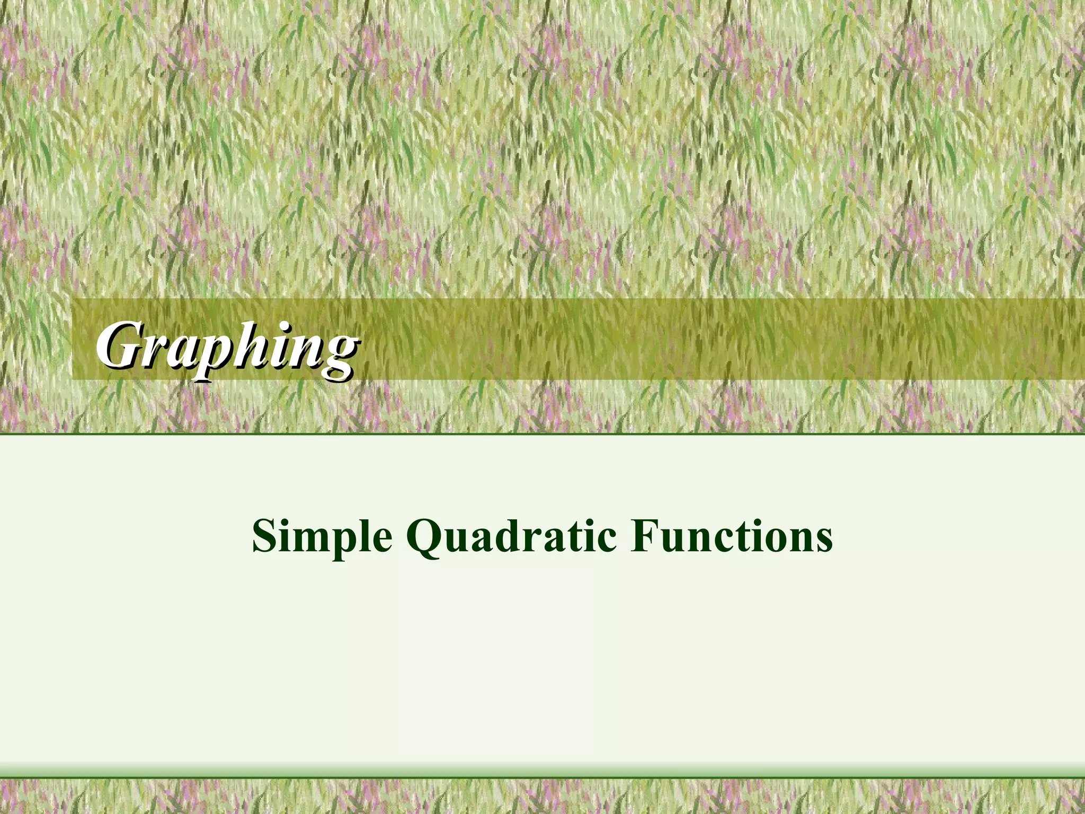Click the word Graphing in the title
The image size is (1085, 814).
227,348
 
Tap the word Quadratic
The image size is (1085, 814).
511,536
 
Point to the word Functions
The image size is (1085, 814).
731,536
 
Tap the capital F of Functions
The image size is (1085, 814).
643,535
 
